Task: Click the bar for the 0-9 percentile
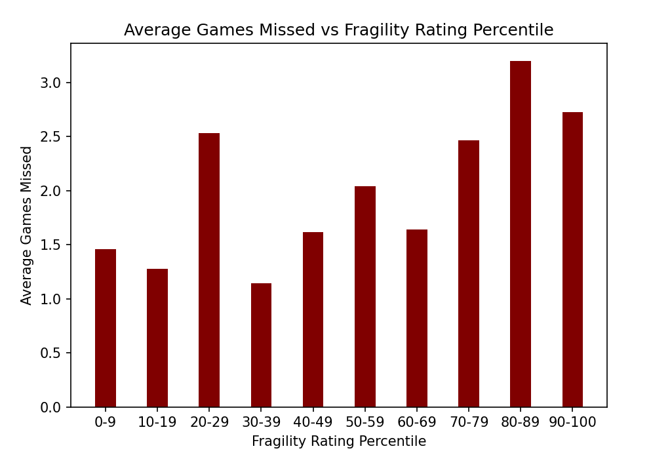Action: click(x=106, y=328)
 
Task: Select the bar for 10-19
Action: click(x=157, y=338)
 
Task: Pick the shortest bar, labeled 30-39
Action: click(x=261, y=345)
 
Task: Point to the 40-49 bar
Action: click(x=313, y=319)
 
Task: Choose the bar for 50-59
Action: click(x=365, y=296)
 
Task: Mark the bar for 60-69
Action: click(x=417, y=318)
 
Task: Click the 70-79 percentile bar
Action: click(x=469, y=273)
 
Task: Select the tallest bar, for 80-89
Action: click(x=521, y=234)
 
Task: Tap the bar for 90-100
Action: click(x=572, y=260)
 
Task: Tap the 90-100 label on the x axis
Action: click(x=572, y=422)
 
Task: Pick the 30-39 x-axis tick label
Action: click(x=261, y=422)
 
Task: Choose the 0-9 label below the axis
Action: click(x=106, y=422)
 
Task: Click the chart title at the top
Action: click(x=338, y=30)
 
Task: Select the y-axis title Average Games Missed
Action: click(x=27, y=225)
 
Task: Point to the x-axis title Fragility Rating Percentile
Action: click(x=338, y=441)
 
